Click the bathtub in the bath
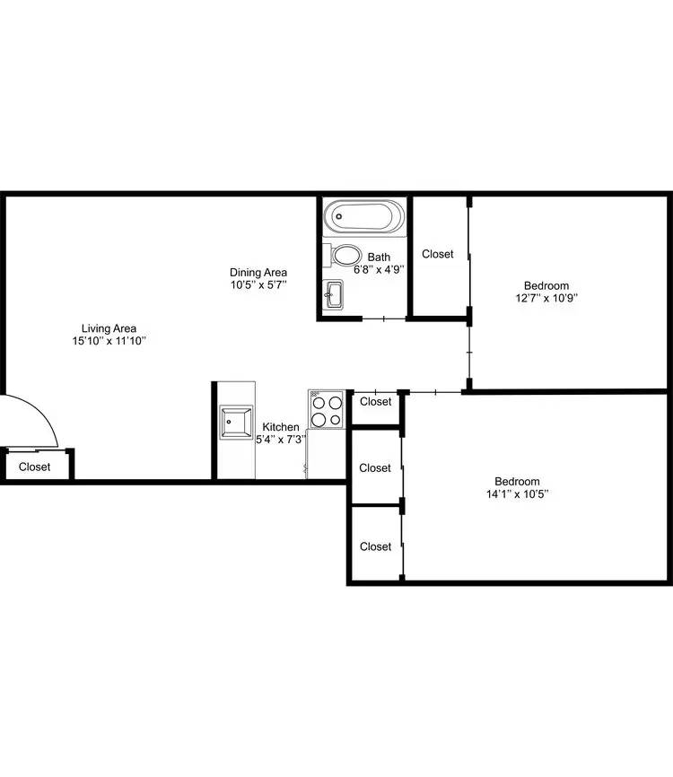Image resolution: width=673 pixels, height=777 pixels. point(364,216)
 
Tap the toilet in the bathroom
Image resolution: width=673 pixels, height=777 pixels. point(343,255)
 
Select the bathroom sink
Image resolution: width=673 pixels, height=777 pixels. point(333,294)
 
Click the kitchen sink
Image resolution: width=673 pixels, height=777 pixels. point(236,423)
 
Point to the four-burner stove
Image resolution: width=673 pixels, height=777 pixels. point(327,409)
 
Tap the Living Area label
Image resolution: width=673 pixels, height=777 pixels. point(109,328)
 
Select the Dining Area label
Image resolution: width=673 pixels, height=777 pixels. point(258,272)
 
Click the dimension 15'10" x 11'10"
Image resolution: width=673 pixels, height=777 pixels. point(109,340)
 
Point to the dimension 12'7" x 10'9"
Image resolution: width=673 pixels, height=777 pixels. point(546,298)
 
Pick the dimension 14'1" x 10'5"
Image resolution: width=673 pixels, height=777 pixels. point(517,493)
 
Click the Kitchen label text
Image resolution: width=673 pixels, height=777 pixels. point(281,427)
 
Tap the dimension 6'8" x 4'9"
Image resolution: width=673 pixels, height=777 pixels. point(379,269)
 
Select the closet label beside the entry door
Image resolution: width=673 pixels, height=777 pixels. point(35,467)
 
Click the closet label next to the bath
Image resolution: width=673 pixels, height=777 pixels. point(438,254)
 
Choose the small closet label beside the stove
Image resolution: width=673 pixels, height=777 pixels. point(376,401)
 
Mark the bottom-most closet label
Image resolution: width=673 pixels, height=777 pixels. point(376,546)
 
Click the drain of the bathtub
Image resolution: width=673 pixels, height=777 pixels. point(339,216)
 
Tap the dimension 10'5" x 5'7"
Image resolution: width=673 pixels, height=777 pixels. point(258,284)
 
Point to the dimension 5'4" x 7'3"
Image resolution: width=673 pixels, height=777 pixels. point(281,439)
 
